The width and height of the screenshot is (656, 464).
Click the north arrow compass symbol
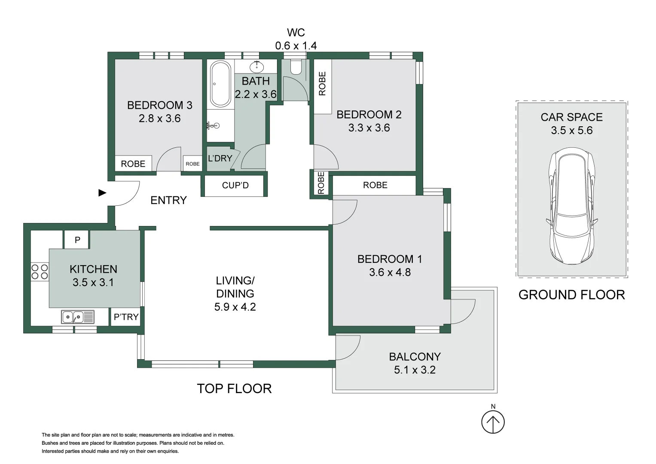pyautogui.click(x=493, y=422)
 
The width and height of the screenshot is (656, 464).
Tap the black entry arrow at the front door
pyautogui.click(x=102, y=193)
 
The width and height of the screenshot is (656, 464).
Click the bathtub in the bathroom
pyautogui.click(x=221, y=84)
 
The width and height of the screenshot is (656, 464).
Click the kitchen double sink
pyautogui.click(x=78, y=317)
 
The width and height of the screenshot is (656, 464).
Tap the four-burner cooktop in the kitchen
pyautogui.click(x=40, y=272)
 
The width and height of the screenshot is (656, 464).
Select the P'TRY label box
pyautogui.click(x=126, y=317)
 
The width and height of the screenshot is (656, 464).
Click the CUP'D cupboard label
pyautogui.click(x=235, y=186)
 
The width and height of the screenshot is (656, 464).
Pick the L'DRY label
pyautogui.click(x=220, y=159)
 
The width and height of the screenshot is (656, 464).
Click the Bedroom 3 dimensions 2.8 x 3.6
pyautogui.click(x=159, y=119)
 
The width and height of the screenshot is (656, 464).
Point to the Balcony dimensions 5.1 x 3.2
pyautogui.click(x=415, y=370)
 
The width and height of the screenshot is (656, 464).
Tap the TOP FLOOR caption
pyautogui.click(x=234, y=388)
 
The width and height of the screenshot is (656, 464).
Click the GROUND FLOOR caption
pyautogui.click(x=571, y=295)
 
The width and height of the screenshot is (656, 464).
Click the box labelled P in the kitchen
pyautogui.click(x=77, y=240)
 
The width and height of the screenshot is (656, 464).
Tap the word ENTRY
pyautogui.click(x=168, y=200)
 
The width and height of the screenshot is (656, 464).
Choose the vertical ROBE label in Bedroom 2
pyautogui.click(x=322, y=83)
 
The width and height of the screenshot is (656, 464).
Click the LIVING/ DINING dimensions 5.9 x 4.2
pyautogui.click(x=235, y=307)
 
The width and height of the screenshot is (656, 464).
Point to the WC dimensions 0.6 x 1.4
pyautogui.click(x=296, y=46)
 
